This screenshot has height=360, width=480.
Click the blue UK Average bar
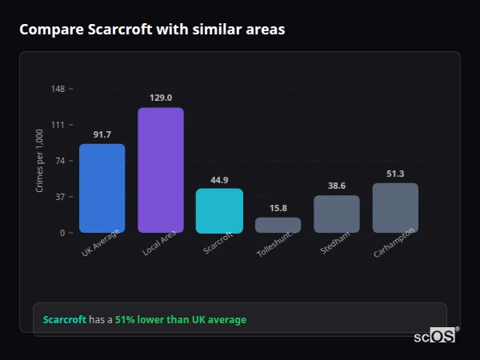tap(102, 189)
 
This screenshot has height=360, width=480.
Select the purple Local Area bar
tap(161, 170)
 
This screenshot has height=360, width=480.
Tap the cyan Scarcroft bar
tap(219, 211)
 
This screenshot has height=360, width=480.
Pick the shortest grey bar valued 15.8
tap(278, 225)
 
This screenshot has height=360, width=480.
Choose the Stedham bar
tap(337, 214)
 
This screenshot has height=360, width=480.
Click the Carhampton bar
tap(395, 208)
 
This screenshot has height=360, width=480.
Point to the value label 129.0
tap(161, 98)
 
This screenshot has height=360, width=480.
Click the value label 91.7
tap(102, 134)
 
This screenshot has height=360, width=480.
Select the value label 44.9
tap(219, 180)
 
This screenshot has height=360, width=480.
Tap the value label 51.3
tap(395, 174)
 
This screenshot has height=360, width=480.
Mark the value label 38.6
tap(337, 186)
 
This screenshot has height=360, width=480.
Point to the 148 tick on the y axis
tap(58, 89)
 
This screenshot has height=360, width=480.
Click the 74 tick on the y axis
tap(61, 161)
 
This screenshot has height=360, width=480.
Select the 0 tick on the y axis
tap(63, 233)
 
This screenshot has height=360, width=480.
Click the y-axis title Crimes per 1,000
tap(40, 161)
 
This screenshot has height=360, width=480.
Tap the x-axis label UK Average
tap(101, 243)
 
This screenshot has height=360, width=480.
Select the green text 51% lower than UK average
tap(181, 320)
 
